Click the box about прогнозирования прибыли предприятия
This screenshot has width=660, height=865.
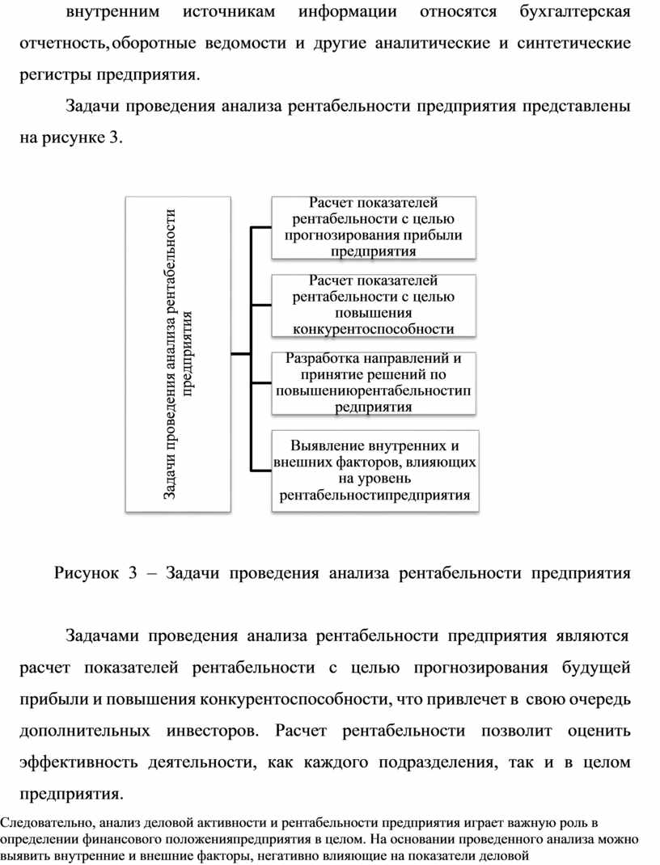(373, 227)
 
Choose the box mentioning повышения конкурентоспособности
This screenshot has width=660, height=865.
(373, 305)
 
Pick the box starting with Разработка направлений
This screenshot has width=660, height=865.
(373, 382)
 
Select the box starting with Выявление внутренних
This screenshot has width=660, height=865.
(373, 470)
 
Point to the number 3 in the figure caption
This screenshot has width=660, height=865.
(133, 574)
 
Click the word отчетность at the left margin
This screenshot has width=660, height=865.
(61, 44)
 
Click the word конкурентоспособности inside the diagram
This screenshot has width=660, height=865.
(373, 329)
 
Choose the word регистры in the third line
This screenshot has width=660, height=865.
(54, 75)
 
